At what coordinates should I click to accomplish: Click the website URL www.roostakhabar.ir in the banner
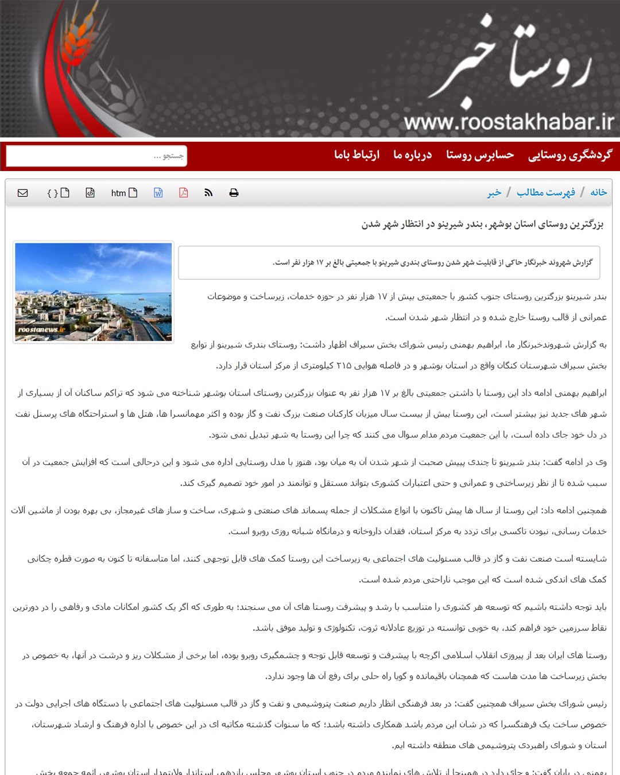[509, 122]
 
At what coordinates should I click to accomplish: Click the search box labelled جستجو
[96, 156]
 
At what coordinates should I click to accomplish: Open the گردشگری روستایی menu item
[570, 155]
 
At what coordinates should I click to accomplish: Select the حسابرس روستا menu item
[480, 155]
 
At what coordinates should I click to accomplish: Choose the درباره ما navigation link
[412, 155]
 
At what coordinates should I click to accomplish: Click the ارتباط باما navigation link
[356, 155]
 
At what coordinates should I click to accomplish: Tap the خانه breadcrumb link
[598, 192]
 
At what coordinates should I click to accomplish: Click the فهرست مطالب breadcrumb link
[545, 192]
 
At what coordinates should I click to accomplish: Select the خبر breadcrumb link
[494, 193]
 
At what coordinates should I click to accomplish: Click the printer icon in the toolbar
[234, 193]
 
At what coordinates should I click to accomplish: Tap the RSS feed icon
[208, 193]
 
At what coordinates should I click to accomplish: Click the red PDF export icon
[184, 193]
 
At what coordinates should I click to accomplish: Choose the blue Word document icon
[158, 193]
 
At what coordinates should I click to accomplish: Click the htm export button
[124, 193]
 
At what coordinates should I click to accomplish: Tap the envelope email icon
[23, 193]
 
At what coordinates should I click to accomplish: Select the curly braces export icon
[58, 193]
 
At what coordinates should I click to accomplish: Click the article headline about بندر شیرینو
[482, 224]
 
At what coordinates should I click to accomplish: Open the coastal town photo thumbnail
[94, 292]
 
